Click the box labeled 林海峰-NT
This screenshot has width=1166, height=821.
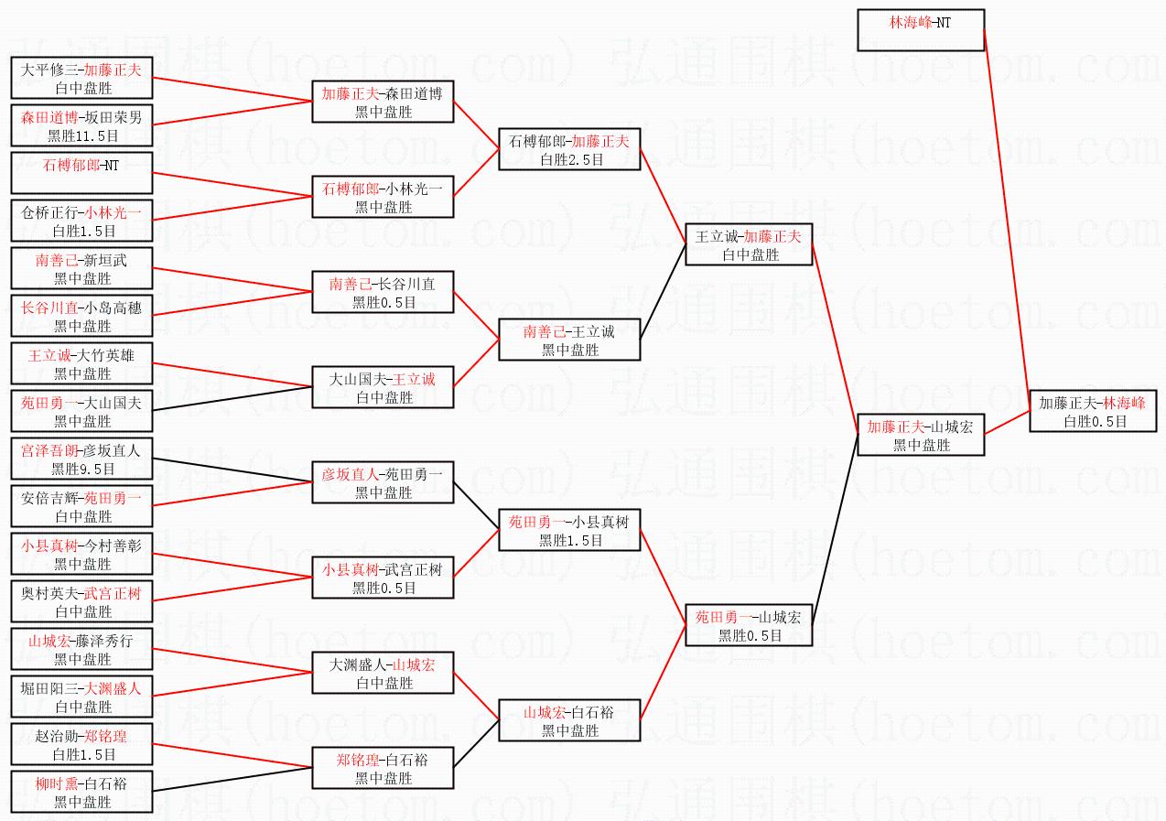click(920, 30)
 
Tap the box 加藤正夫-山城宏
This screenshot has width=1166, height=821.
click(921, 435)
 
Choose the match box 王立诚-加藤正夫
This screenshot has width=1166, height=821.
click(749, 244)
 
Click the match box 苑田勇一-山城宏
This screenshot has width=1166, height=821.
click(749, 625)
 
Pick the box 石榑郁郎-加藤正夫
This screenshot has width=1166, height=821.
click(570, 149)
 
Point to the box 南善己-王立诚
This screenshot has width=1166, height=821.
click(569, 340)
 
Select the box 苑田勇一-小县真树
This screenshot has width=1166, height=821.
click(569, 530)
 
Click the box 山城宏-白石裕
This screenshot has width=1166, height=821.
click(569, 720)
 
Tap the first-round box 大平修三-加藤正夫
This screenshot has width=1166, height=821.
click(81, 78)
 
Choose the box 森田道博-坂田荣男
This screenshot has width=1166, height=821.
click(81, 125)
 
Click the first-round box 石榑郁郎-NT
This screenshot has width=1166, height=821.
click(81, 173)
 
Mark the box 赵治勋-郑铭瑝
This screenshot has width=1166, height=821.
click(81, 744)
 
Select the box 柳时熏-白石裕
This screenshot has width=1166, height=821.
click(81, 792)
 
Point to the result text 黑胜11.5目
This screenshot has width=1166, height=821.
click(82, 135)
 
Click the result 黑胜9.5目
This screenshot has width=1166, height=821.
click(82, 469)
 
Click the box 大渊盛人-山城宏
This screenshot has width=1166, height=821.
click(383, 673)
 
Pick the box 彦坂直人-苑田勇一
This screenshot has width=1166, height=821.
click(383, 482)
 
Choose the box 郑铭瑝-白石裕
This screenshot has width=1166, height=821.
click(383, 768)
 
